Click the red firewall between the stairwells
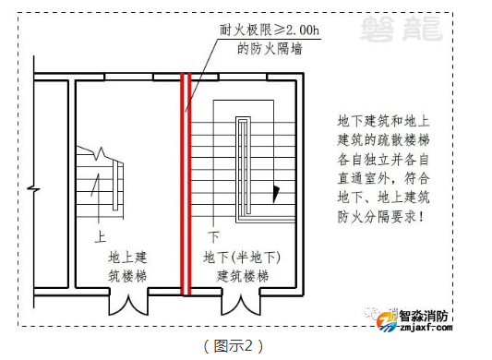(x=186, y=185)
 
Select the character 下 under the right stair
(x=213, y=235)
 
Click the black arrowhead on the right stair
(x=274, y=195)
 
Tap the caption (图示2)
(x=233, y=345)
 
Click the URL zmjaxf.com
(x=426, y=326)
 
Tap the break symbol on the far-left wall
(x=32, y=189)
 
